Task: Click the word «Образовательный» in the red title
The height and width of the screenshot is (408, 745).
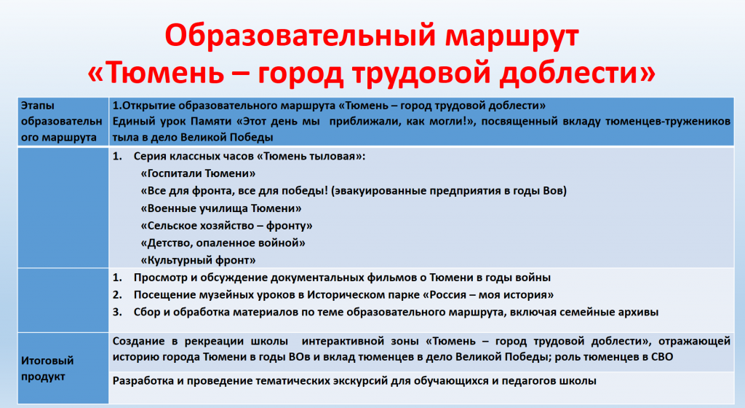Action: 300,36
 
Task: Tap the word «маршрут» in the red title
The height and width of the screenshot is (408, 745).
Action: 512,37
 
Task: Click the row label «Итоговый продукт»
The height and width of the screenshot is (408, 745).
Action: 47,368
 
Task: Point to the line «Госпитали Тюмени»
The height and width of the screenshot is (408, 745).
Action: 198,173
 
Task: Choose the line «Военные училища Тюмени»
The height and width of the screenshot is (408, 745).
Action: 221,208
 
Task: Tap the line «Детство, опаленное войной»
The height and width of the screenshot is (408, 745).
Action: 223,243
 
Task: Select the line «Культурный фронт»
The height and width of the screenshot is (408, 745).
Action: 198,260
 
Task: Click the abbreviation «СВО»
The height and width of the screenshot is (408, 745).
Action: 661,357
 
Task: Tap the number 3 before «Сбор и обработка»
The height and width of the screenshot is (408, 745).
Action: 116,312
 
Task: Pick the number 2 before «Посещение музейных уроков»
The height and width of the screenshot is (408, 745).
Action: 116,295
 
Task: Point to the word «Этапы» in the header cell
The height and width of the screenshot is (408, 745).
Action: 38,106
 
